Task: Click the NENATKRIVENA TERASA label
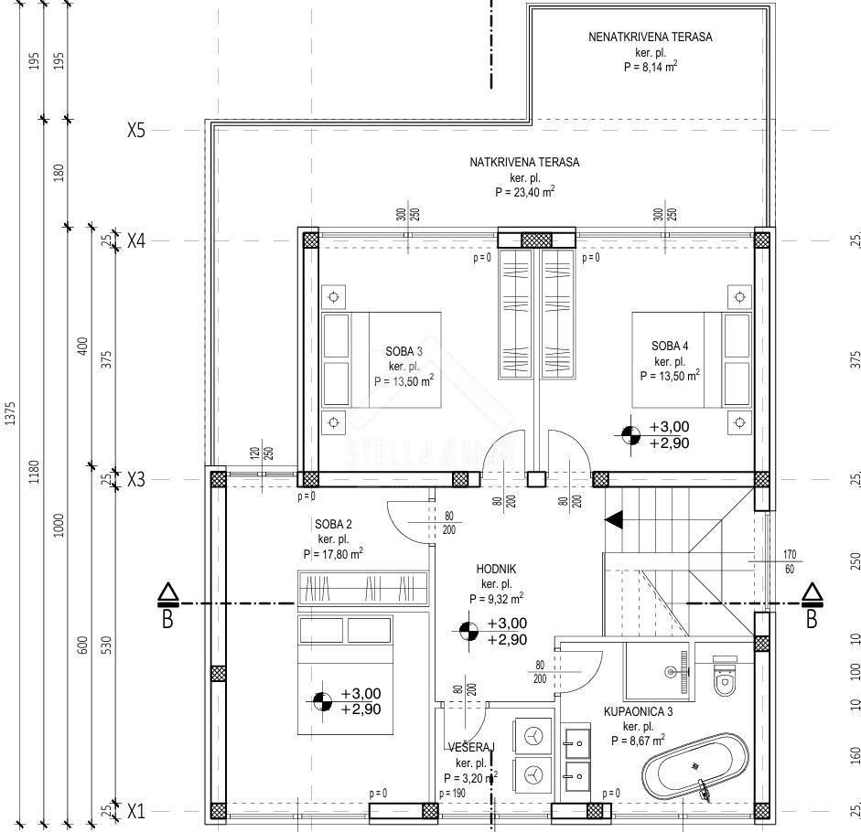[650, 37]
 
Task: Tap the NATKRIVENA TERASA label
[524, 162]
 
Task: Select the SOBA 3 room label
[404, 350]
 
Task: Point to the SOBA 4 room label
[670, 346]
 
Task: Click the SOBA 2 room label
[333, 524]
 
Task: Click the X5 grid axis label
[136, 130]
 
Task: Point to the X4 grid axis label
[136, 240]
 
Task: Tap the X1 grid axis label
[136, 810]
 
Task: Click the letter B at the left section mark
[167, 620]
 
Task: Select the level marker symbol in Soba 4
[630, 435]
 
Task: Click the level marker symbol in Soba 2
[321, 701]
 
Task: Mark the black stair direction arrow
[613, 520]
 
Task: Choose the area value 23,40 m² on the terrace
[524, 192]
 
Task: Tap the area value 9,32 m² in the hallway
[496, 598]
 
